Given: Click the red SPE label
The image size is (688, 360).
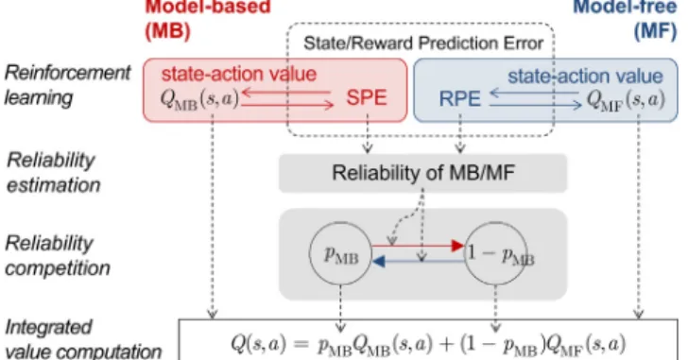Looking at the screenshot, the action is pyautogui.click(x=367, y=97).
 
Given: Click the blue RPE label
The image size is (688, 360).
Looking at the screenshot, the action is pyautogui.click(x=459, y=99).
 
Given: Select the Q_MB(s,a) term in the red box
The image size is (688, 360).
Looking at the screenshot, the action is pyautogui.click(x=199, y=99).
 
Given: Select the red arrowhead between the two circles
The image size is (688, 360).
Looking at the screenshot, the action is pyautogui.click(x=458, y=246).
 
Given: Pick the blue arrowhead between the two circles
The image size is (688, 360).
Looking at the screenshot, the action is pyautogui.click(x=378, y=262).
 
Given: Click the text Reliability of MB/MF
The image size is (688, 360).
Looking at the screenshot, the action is pyautogui.click(x=423, y=173).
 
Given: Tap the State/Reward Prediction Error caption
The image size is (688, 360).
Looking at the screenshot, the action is pyautogui.click(x=423, y=43).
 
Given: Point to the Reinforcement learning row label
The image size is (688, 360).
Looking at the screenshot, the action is pyautogui.click(x=67, y=85).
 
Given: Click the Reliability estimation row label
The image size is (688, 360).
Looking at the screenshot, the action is pyautogui.click(x=54, y=173).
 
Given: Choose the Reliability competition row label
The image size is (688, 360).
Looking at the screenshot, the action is pyautogui.click(x=58, y=256).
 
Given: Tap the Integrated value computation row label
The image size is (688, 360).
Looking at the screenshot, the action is pyautogui.click(x=83, y=339).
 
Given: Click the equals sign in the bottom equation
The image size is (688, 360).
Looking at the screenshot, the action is pyautogui.click(x=301, y=344).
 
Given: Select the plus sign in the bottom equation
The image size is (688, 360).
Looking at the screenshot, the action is pyautogui.click(x=446, y=344).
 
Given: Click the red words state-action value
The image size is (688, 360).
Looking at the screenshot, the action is pyautogui.click(x=239, y=74).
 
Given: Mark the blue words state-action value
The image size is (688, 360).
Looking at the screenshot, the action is pyautogui.click(x=585, y=77).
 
